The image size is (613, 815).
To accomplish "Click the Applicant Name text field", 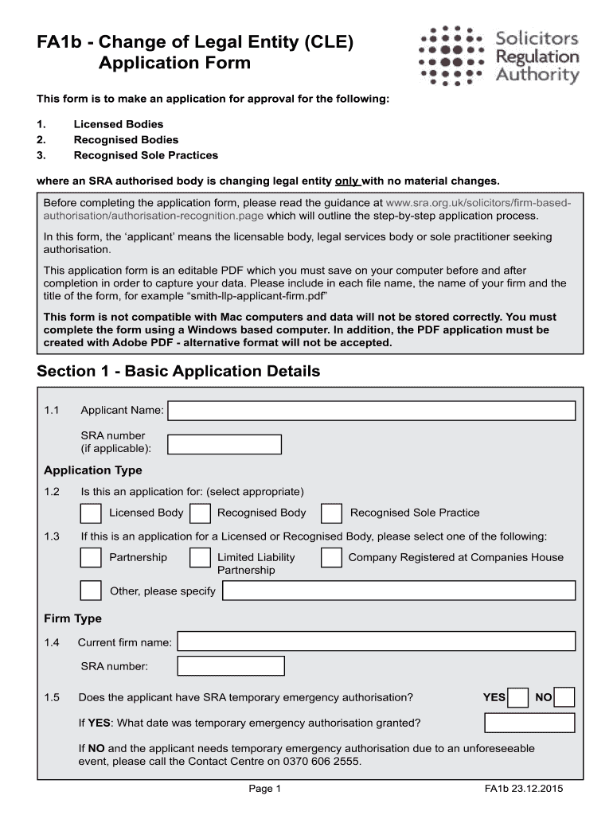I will click(371, 411).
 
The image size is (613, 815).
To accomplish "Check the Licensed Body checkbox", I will click(91, 513).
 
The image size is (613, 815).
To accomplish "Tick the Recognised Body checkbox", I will click(201, 513).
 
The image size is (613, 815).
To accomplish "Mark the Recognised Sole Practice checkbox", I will click(332, 513).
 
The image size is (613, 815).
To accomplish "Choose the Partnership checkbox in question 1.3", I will click(91, 558).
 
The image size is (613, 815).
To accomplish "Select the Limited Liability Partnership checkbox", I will click(201, 558).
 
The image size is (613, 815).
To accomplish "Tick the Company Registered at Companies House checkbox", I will click(332, 558).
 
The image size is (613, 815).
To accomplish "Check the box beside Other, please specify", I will click(91, 591).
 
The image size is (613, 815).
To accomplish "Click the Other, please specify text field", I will click(398, 591).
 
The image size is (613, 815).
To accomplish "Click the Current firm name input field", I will click(376, 641).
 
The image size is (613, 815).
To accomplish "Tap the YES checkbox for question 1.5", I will click(518, 698).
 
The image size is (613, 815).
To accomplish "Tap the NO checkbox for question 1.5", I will click(565, 698).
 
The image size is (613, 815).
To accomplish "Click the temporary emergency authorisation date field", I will click(529, 723).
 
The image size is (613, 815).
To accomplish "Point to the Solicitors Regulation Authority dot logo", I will click(452, 54).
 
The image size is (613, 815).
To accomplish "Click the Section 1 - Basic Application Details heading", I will click(178, 371).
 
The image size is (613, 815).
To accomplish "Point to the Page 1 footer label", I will click(266, 790).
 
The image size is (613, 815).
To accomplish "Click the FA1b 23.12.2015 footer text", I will click(523, 790).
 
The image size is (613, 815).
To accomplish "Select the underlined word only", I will click(347, 180).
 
